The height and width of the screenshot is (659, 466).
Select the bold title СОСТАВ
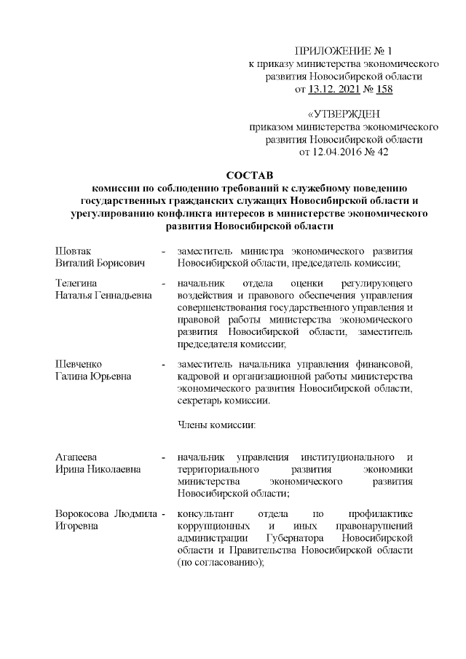click(x=248, y=176)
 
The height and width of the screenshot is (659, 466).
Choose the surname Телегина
click(x=77, y=282)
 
